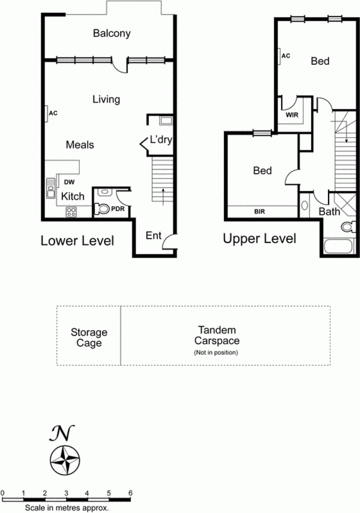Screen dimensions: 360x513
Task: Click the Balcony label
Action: (112, 34)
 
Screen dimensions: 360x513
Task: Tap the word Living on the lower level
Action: (106, 100)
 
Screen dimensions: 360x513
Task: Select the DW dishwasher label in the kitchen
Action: (69, 182)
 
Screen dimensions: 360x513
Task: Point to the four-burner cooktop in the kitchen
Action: (71, 212)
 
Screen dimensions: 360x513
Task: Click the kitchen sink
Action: (51, 188)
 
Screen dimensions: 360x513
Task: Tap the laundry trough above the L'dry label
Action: (166, 121)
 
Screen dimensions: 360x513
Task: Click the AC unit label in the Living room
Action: (53, 113)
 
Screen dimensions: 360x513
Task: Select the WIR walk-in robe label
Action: (292, 115)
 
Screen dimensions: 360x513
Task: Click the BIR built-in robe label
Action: (260, 212)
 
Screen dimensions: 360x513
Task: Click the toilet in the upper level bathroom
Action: (348, 227)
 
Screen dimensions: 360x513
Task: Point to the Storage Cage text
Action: (89, 337)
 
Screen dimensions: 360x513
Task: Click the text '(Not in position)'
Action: (216, 352)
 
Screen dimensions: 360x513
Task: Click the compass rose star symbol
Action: (65, 461)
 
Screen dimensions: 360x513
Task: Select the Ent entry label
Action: (154, 236)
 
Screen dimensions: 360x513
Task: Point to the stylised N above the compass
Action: (62, 433)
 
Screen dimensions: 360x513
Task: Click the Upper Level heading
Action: (260, 238)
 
